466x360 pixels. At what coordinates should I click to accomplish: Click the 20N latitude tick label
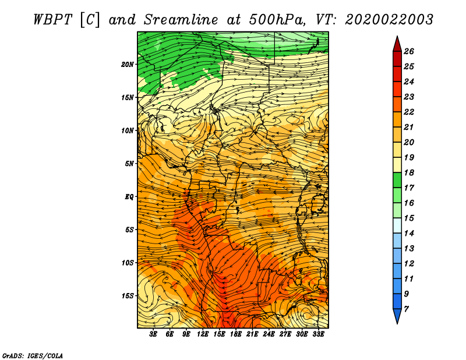[x=128, y=64]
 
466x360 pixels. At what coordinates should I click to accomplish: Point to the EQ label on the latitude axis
[x=129, y=196]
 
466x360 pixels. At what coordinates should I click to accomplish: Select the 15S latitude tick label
[x=128, y=296]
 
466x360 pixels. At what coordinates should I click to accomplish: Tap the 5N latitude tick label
[x=129, y=164]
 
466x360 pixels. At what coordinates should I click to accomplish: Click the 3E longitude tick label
[x=153, y=334]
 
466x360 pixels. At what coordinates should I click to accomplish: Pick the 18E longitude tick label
[x=235, y=334]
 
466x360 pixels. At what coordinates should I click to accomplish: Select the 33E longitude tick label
[x=318, y=334]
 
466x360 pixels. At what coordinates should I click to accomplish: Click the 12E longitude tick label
[x=202, y=334]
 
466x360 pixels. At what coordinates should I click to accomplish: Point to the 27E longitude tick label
[x=285, y=334]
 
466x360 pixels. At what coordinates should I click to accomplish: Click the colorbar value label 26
[x=409, y=51]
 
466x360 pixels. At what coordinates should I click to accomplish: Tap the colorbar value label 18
[x=409, y=172]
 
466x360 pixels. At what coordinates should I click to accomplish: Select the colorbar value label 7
[x=406, y=309]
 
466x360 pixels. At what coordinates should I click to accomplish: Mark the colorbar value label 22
[x=409, y=112]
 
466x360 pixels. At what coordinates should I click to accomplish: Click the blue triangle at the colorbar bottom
[x=397, y=316]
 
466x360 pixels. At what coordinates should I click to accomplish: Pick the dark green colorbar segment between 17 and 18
[x=397, y=180]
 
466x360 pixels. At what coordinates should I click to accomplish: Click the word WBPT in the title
[x=52, y=20]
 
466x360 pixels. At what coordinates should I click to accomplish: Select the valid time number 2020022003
[x=389, y=20]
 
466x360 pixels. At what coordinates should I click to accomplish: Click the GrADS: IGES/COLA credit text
[x=33, y=356]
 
